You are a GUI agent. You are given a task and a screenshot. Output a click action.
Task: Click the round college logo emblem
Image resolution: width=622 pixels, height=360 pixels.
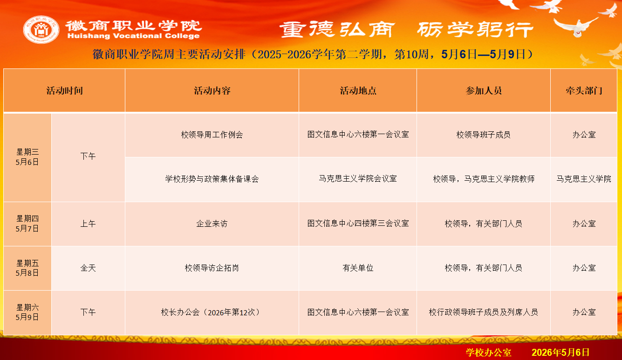(x=41, y=29)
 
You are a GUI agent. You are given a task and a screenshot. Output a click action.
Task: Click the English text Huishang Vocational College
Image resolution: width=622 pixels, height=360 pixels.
(x=133, y=36)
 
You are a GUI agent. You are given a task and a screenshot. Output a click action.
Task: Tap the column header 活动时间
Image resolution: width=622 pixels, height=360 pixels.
(x=64, y=90)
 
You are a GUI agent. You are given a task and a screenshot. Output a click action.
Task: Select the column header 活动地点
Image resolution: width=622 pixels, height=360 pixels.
(x=358, y=90)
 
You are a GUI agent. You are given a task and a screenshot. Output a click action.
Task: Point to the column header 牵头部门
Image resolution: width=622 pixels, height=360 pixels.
(x=584, y=90)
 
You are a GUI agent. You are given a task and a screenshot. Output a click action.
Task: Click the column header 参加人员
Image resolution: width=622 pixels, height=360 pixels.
(x=484, y=90)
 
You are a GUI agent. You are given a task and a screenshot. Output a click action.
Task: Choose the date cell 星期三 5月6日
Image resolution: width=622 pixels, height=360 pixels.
(x=27, y=157)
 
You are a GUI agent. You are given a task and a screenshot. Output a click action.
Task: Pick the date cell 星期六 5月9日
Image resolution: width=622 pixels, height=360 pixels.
(x=27, y=312)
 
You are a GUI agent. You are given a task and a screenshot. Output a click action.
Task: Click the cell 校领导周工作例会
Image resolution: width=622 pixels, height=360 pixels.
(x=212, y=135)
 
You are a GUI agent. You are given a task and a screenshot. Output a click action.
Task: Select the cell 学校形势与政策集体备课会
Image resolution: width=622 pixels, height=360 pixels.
(x=212, y=179)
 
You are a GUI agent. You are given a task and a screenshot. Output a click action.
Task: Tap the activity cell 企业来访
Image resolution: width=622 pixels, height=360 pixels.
(x=212, y=224)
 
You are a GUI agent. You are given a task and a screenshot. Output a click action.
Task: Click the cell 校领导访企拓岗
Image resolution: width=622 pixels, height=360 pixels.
(x=212, y=268)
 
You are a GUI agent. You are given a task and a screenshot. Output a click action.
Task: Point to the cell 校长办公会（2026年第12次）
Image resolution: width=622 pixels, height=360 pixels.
(x=212, y=312)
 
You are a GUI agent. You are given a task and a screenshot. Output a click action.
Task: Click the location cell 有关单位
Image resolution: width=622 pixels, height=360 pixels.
(x=358, y=268)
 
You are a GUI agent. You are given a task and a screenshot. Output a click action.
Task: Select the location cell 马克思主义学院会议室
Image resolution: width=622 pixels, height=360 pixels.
(x=358, y=179)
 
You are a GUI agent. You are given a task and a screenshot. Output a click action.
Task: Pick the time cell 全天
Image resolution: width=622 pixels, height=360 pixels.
(x=88, y=268)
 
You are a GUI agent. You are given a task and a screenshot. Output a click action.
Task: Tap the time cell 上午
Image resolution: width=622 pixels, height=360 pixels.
(x=88, y=224)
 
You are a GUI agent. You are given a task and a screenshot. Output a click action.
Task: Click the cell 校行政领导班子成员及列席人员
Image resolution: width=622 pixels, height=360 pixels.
(x=484, y=312)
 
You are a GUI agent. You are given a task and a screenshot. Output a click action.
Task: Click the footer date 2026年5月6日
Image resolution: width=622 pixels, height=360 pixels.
(x=560, y=353)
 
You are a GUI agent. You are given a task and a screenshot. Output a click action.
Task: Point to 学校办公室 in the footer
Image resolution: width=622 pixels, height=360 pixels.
(x=488, y=353)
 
